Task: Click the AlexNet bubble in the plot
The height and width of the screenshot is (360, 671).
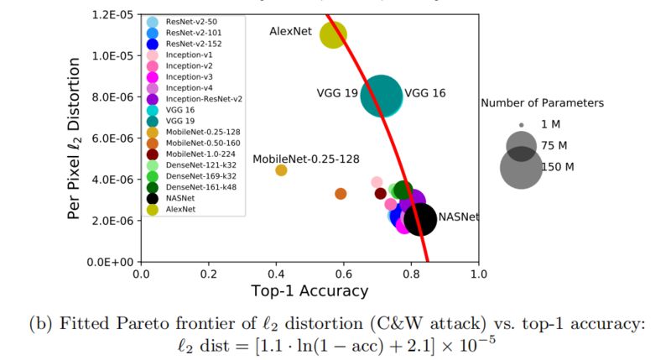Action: pos(333,35)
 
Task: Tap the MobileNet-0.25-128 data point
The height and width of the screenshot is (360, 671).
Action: pos(282,170)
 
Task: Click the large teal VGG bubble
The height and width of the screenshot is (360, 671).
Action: pos(382,95)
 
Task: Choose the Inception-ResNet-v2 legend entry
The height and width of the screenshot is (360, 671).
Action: pos(204,98)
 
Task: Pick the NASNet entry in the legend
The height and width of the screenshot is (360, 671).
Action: pos(179,199)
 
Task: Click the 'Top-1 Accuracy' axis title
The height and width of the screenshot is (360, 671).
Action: pos(310,291)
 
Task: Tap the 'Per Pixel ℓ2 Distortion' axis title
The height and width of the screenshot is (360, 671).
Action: pos(75,138)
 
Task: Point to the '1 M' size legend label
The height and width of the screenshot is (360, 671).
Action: pos(552,124)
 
